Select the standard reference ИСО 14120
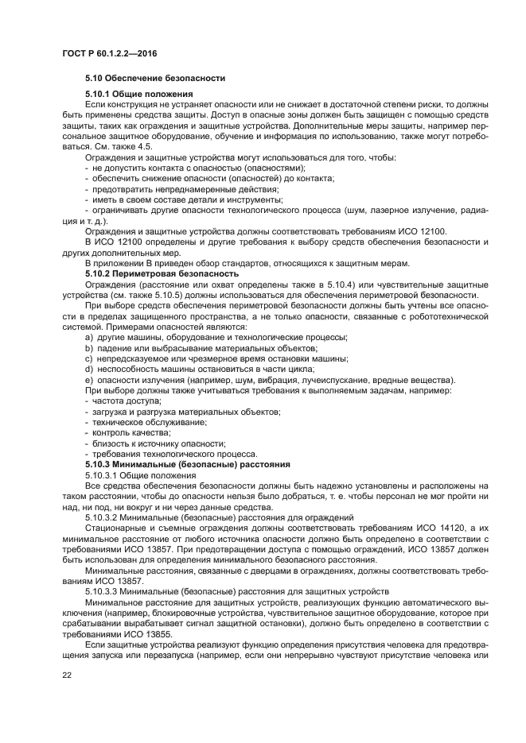coord(433,527)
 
